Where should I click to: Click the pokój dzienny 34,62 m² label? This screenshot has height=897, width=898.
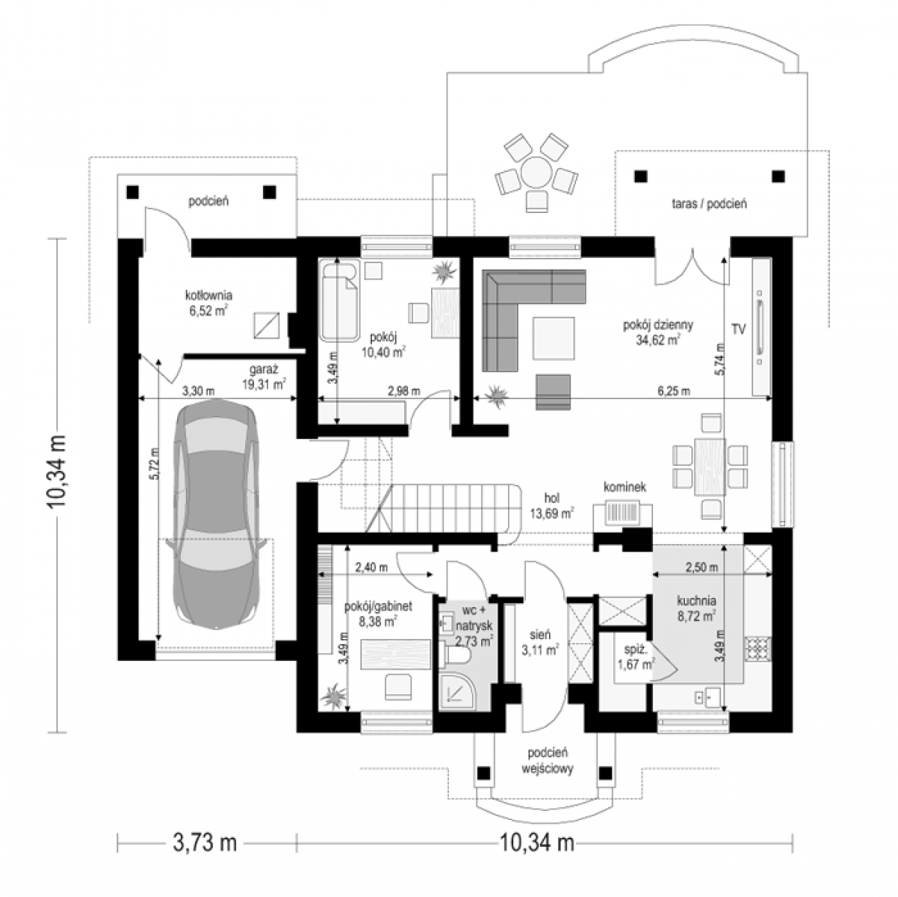click(658, 332)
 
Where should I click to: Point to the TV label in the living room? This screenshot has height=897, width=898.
click(738, 330)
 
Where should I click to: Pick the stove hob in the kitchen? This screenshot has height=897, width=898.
click(758, 649)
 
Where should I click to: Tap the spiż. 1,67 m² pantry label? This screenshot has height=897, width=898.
click(636, 657)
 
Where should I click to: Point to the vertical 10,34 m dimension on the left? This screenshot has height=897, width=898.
click(58, 471)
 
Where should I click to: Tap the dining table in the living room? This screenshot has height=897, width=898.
click(710, 466)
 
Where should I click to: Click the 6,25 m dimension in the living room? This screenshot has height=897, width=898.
click(674, 391)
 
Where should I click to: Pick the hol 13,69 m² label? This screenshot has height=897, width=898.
click(551, 505)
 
